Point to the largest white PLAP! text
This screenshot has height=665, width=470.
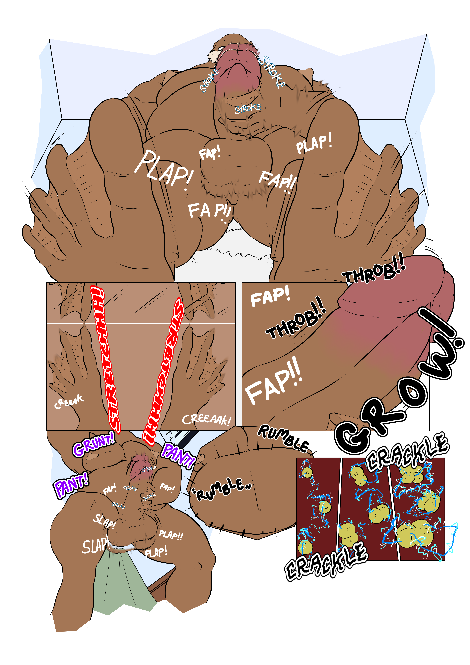coord(164,168)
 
